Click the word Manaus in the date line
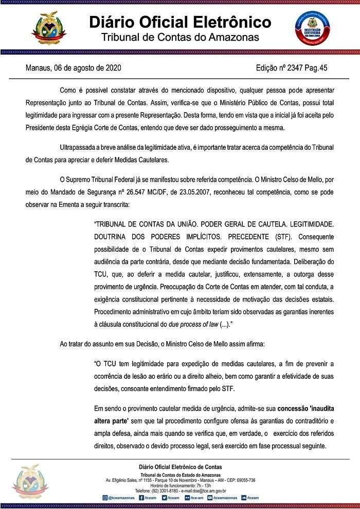[x=39, y=68]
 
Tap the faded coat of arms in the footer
[x=33, y=482]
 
